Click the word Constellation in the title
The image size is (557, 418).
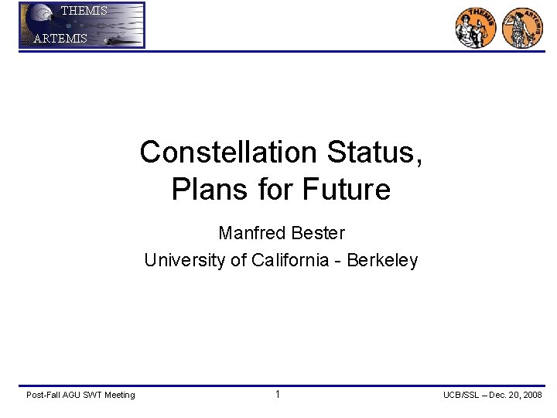[x=229, y=152]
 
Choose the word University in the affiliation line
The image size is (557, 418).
[x=184, y=260]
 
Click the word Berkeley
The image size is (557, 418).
[x=382, y=260]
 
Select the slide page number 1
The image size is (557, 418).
[x=277, y=395]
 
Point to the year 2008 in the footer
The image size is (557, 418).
[x=531, y=396]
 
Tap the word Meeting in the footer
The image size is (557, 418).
[x=119, y=396]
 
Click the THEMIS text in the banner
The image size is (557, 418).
[x=84, y=11]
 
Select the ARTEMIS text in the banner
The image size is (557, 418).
[x=60, y=39]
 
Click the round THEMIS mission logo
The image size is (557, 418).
[x=475, y=28]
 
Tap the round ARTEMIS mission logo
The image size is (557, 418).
[x=523, y=28]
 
